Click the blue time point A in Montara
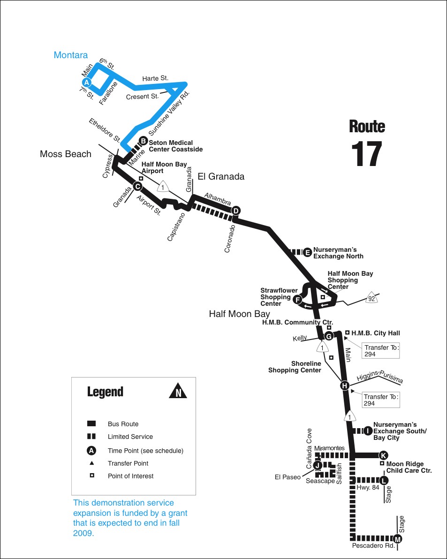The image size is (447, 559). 86,82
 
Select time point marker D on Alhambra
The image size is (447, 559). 236,211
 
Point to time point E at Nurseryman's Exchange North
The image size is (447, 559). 307,252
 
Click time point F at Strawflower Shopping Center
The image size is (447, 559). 297,299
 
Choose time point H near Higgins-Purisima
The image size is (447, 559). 345,385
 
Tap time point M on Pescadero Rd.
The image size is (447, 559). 398,539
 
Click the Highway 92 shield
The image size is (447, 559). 371,298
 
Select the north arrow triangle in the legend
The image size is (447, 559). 178,391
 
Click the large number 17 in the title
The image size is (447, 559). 367,153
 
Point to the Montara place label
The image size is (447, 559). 71,55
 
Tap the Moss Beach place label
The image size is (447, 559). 66,154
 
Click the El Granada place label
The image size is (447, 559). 221,177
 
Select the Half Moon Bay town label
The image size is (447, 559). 239,314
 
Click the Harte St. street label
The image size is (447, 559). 155,78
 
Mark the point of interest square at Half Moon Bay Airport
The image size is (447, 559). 141,178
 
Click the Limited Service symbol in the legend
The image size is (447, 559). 91,437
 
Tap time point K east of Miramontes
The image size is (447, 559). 383,455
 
